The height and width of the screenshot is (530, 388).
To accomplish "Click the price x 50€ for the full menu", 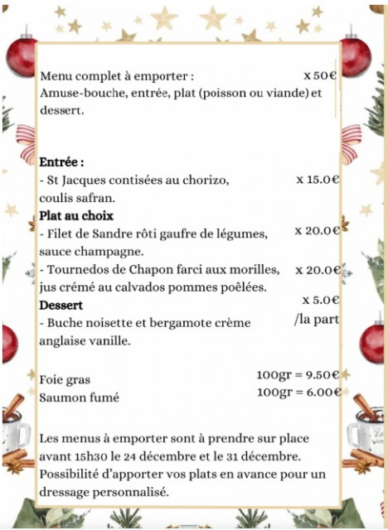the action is point(320,75).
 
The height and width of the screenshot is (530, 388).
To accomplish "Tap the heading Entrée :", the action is point(62,162).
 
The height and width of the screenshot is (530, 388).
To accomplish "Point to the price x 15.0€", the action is point(318,179).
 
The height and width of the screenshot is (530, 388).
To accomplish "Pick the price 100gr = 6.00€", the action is point(298,392).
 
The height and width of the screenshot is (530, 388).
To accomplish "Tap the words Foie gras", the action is point(65,379).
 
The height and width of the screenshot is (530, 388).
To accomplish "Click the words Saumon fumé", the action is point(80,397).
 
